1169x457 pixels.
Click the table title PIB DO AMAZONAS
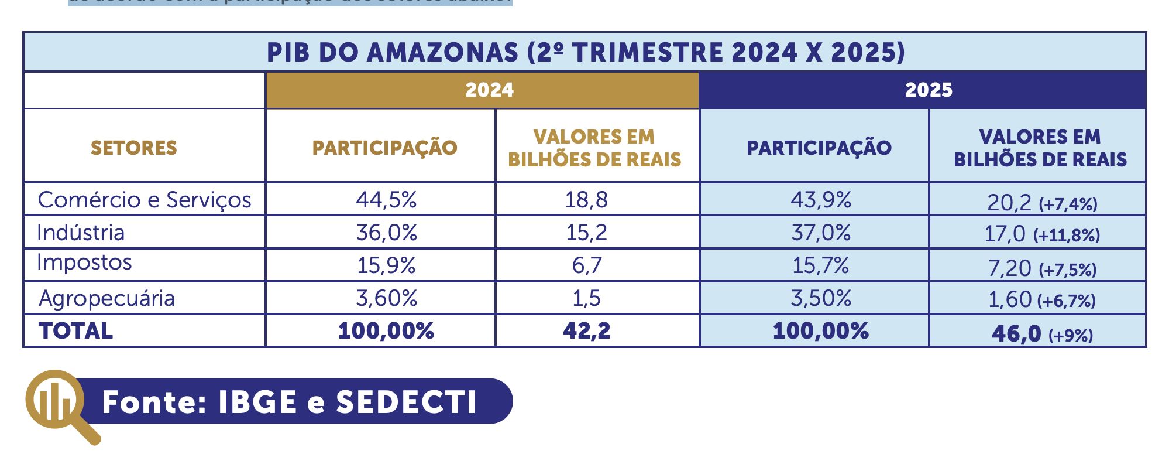point(585,53)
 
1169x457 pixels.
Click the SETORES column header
point(133,148)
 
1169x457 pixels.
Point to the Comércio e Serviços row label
point(144,200)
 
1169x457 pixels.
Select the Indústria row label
point(81,233)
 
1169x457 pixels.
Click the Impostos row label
point(84,262)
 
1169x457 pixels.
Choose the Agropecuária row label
point(106,298)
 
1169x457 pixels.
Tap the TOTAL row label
point(76,331)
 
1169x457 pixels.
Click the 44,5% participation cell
point(386,200)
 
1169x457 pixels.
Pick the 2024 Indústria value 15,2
point(586,233)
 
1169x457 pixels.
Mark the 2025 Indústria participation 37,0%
point(821,233)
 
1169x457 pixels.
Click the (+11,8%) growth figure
point(1066,236)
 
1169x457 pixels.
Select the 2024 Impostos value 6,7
point(586,265)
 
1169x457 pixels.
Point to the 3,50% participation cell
point(821,298)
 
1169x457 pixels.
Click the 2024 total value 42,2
point(586,331)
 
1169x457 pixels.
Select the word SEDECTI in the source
point(406,403)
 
